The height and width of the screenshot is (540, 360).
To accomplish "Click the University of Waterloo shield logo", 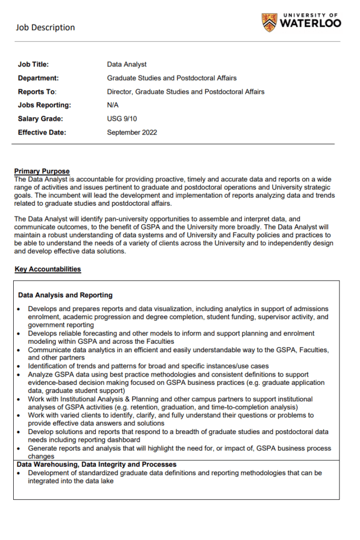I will coord(269,22).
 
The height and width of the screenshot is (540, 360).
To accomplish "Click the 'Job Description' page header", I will coord(45,27).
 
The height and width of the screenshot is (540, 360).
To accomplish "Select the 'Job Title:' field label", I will coord(33,64).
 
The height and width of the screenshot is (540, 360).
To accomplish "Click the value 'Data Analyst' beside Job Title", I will coord(127,64).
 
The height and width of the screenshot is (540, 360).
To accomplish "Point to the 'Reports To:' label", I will coord(37,92).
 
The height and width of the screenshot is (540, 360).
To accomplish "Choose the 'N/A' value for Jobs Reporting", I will coord(113,105).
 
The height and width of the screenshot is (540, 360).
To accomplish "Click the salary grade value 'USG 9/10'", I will coord(122,119).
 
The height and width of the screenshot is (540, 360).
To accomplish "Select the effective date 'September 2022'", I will coord(132,132).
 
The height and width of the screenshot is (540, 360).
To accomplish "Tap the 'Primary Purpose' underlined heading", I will coord(42,171).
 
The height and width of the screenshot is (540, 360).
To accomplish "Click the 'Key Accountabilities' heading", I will coord(48,269).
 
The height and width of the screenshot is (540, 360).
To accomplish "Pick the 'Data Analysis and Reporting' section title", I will coord(65,295).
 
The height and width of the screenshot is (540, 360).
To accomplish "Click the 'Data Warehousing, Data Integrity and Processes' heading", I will coord(96,465).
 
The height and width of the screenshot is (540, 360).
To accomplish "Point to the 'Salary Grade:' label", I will coord(40,119).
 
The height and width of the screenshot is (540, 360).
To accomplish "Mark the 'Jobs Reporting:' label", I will coord(44,105).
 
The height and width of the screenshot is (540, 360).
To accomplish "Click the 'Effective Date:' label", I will coord(42,132).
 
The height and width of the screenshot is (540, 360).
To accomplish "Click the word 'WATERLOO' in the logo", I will coord(310,23).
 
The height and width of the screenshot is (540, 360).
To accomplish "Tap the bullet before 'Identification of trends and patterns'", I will coord(20,366).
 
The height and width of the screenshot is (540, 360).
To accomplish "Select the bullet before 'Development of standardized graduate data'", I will coord(20,473).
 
